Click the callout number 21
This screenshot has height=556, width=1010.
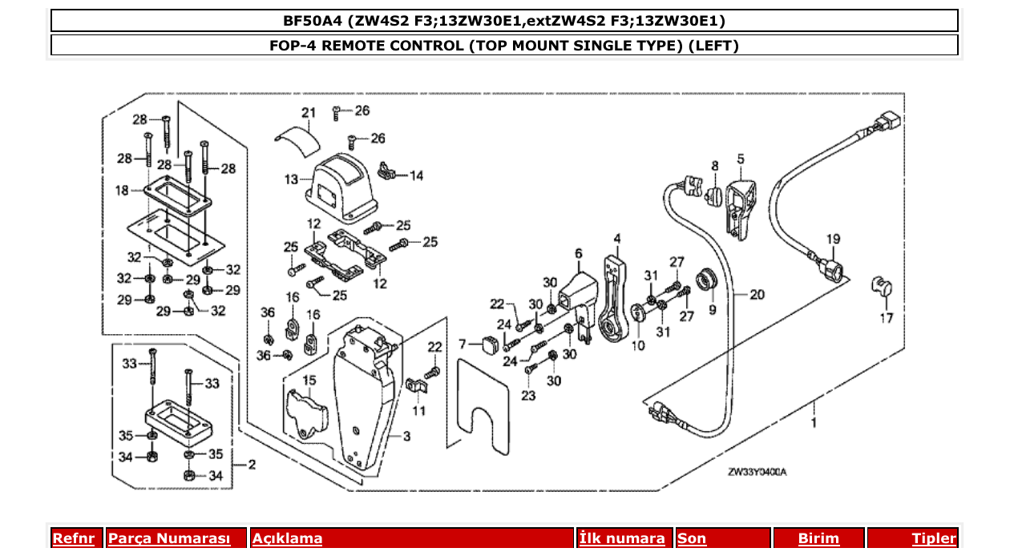[x=309, y=111]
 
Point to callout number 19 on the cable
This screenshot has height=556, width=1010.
[x=833, y=239]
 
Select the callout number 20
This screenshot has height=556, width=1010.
[x=757, y=295]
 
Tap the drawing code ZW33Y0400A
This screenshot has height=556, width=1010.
[x=757, y=472]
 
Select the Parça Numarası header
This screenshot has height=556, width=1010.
[x=169, y=538]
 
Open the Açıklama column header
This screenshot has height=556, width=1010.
[x=288, y=538]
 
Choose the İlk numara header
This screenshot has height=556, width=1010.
[x=622, y=538]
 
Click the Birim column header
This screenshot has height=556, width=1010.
[x=818, y=538]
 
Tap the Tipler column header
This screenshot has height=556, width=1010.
[x=934, y=538]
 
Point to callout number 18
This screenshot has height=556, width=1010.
[x=122, y=191]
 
